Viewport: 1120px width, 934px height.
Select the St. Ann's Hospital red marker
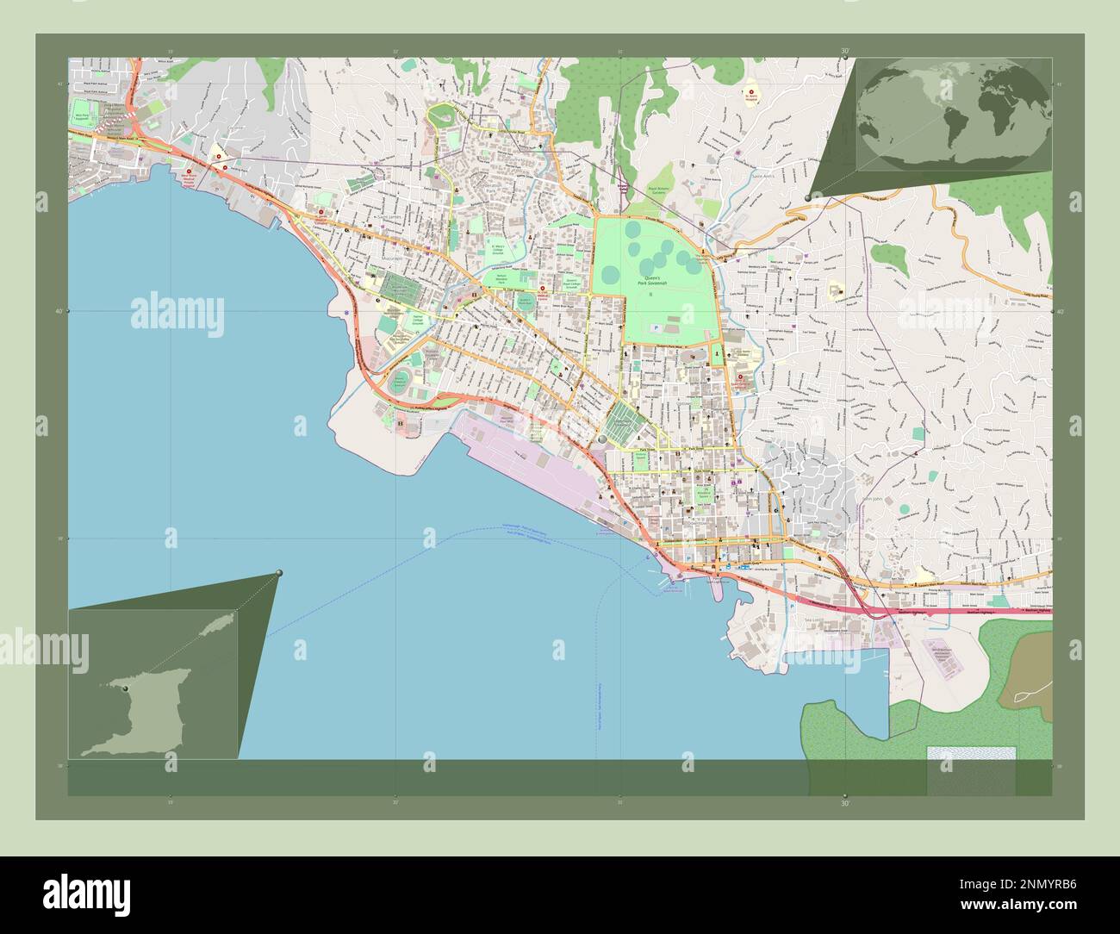click(x=749, y=90)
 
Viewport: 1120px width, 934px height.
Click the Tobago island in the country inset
click(x=208, y=632)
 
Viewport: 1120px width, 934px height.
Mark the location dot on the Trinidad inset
click(x=126, y=688)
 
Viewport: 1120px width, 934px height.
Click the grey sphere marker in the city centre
click(x=601, y=440)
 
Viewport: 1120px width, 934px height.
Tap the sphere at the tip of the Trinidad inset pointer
click(x=279, y=573)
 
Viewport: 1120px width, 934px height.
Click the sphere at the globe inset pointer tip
click(x=807, y=197)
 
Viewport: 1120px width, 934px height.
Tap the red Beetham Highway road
click(x=948, y=611)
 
